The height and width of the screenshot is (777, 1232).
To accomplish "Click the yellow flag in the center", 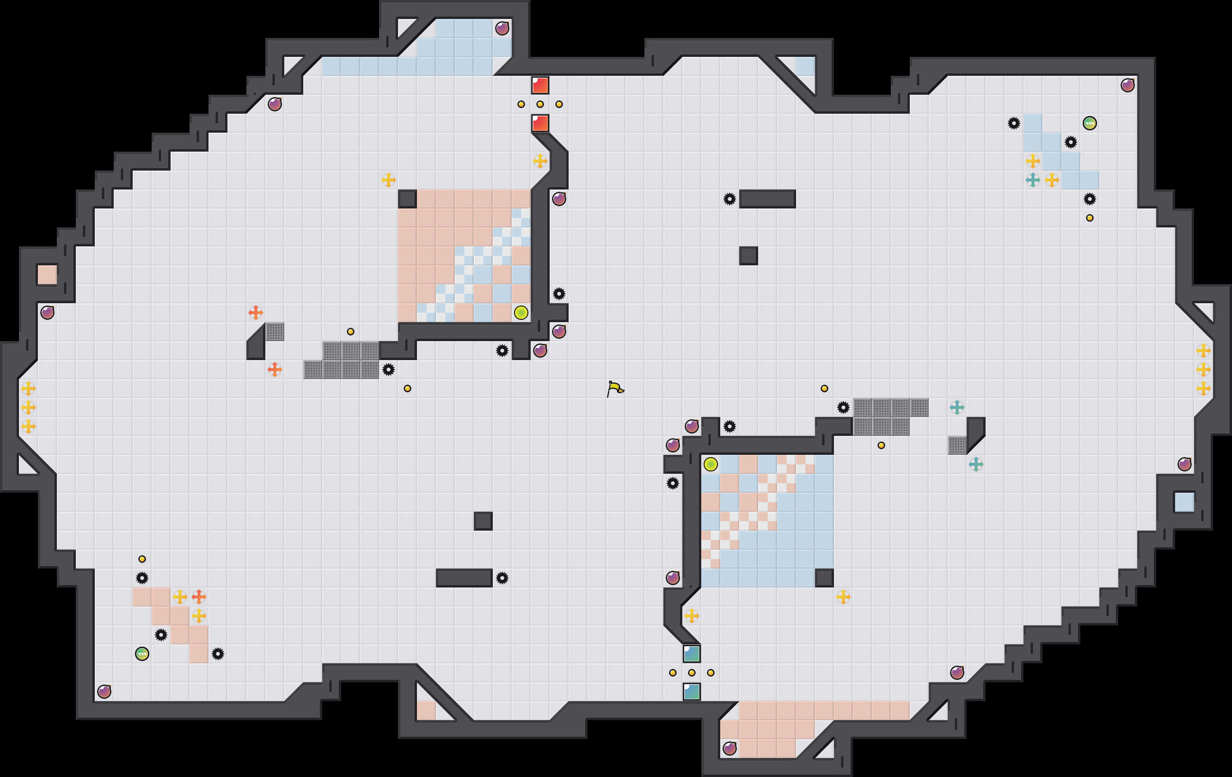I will click(x=615, y=388).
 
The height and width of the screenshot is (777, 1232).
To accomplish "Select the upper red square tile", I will click(x=540, y=85).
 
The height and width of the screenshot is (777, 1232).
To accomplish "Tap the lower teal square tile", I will click(x=691, y=692).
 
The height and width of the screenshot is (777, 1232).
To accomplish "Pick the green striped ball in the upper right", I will click(x=1089, y=123).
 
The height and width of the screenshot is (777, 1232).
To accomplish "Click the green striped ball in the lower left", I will click(x=142, y=654).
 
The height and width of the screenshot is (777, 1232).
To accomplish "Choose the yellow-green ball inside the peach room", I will click(x=521, y=313).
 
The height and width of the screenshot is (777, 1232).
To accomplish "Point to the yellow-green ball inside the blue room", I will click(x=710, y=464).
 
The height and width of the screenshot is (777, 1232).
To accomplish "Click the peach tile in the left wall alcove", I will click(x=47, y=275).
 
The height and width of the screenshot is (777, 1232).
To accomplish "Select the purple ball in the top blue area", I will click(x=502, y=28).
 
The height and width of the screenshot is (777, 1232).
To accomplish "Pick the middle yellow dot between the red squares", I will click(x=540, y=104).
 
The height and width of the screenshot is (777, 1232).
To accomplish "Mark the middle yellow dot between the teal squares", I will click(x=691, y=673).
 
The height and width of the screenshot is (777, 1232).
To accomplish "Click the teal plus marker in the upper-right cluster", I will click(x=1033, y=180).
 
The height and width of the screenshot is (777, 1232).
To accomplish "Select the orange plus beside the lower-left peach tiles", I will click(x=199, y=596).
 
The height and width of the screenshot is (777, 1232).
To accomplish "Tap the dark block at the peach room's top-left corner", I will click(x=407, y=199).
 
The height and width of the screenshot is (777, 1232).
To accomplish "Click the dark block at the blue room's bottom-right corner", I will click(x=824, y=578).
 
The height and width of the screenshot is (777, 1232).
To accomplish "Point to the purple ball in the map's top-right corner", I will click(x=1127, y=85).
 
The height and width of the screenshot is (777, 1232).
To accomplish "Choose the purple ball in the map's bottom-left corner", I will click(x=104, y=692).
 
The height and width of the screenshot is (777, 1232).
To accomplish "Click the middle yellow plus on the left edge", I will click(x=28, y=407).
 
